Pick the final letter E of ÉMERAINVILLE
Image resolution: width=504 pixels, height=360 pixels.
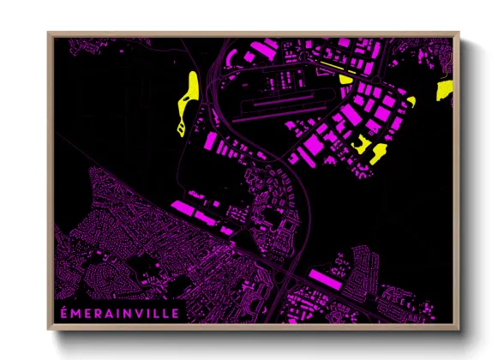point(176,313)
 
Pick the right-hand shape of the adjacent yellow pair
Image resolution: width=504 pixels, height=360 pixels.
point(378,153)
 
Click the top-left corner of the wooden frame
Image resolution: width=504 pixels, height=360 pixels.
point(48,33)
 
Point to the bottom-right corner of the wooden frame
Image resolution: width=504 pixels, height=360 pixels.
point(459,331)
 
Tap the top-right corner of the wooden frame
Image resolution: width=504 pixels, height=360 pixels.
point(459,33)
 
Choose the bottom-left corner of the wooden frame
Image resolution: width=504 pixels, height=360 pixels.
point(48,331)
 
